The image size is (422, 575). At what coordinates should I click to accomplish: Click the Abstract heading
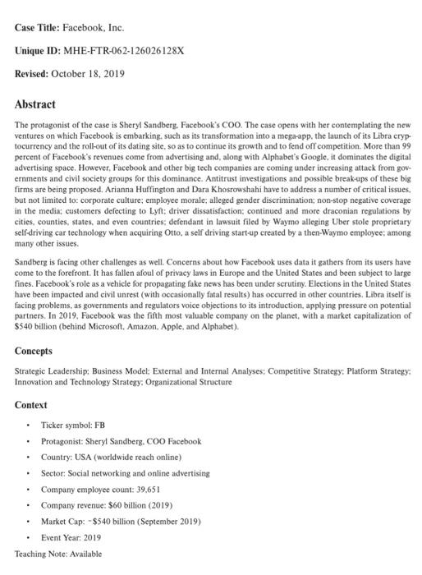[x=35, y=104]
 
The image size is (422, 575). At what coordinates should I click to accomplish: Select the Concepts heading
[x=39, y=351]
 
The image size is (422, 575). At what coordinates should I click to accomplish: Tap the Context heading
[x=31, y=405]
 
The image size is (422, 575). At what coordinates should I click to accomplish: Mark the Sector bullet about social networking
[x=125, y=473]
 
